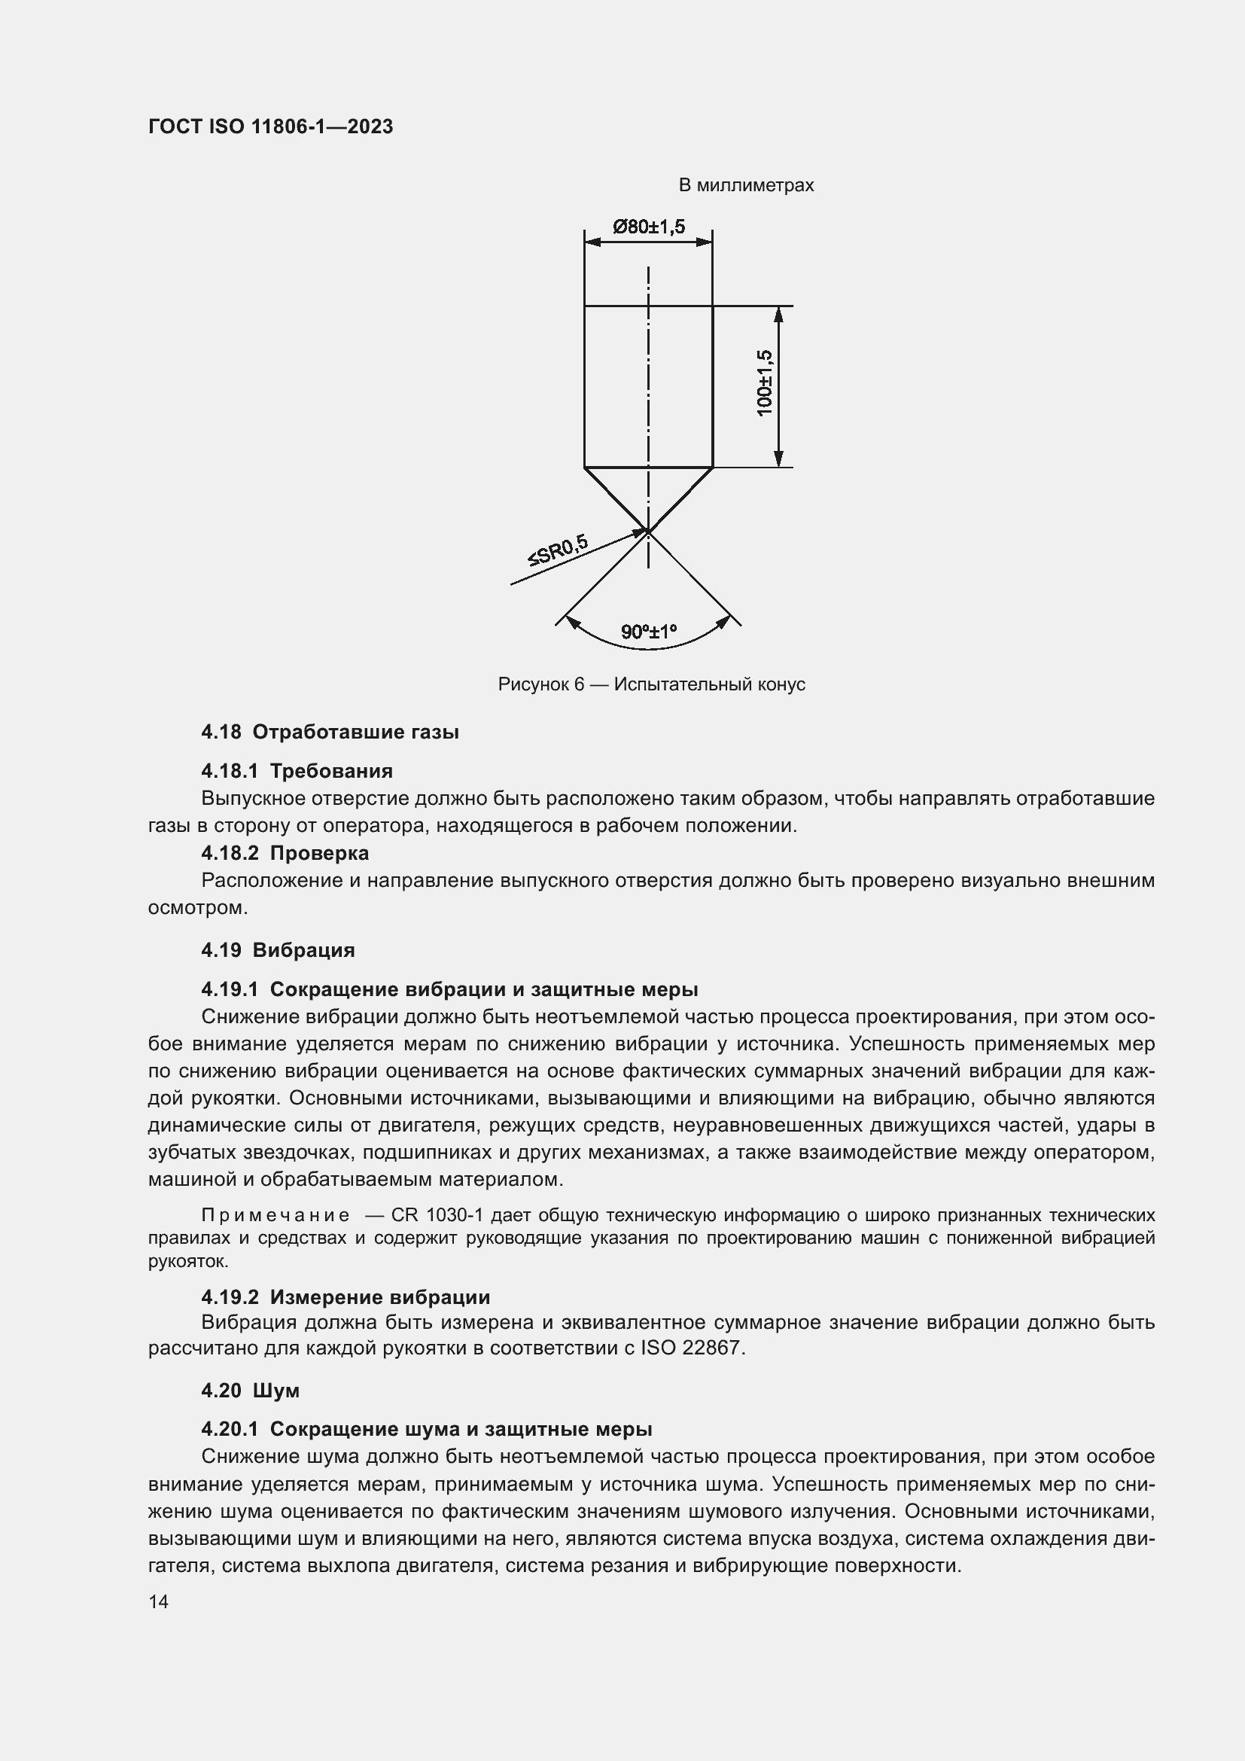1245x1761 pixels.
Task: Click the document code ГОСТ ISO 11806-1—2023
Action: click(x=270, y=126)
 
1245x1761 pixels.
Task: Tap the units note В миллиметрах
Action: click(x=745, y=186)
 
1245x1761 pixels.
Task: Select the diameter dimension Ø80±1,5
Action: click(x=649, y=227)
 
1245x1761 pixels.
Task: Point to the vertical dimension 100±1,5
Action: click(x=764, y=382)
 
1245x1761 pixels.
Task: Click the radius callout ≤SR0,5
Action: click(x=557, y=550)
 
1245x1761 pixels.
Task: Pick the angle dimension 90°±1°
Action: click(x=649, y=632)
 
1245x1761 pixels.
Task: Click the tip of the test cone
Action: click(x=649, y=530)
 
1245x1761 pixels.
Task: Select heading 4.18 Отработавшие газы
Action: click(x=330, y=733)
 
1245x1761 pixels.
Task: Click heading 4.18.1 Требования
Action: click(x=297, y=772)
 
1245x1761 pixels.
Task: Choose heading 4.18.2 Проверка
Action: click(x=285, y=853)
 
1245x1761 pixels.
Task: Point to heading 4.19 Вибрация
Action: click(x=278, y=950)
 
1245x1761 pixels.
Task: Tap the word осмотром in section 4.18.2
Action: click(x=197, y=907)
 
